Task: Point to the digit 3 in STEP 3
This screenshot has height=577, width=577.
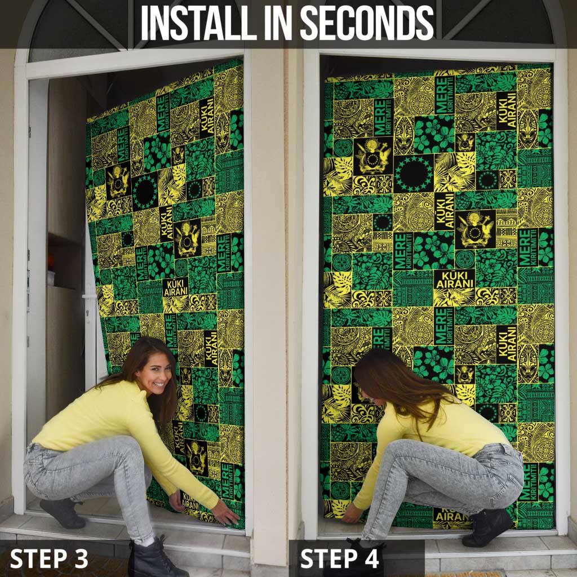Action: point(81,558)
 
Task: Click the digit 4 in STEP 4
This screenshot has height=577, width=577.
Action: point(370,558)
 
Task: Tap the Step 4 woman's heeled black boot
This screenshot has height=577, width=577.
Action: point(487,527)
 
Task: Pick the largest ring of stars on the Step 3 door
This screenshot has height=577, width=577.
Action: point(145,192)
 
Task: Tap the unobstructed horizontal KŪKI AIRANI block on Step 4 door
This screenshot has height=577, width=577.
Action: point(454,280)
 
